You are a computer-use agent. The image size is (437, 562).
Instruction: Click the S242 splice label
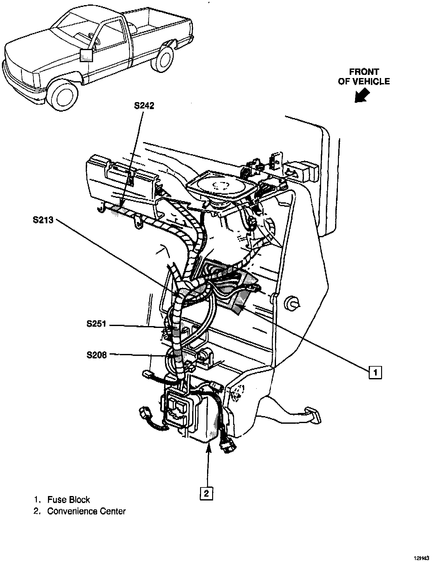[144, 106]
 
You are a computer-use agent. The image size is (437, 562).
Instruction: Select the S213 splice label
[43, 220]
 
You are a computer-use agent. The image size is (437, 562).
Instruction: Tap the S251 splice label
[97, 324]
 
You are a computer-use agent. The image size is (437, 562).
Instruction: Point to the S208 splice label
[97, 355]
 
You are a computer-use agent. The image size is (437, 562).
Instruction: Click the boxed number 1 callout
[375, 372]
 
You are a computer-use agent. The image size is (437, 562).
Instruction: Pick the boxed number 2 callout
[206, 493]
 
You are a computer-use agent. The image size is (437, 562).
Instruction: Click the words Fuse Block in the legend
[69, 500]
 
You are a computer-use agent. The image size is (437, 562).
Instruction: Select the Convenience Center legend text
[86, 511]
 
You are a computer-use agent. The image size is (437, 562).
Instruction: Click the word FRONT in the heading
[364, 72]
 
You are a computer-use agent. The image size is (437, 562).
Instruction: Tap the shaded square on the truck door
[86, 56]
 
